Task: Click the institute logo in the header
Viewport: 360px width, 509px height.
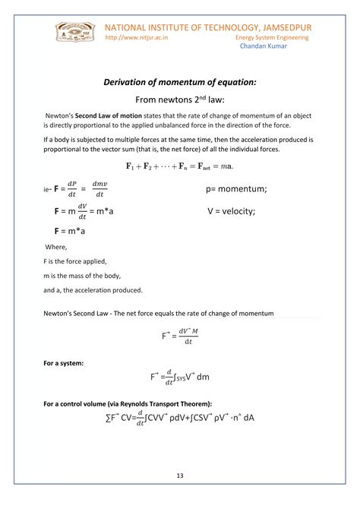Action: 74,33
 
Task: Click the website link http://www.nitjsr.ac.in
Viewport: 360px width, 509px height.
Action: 136,36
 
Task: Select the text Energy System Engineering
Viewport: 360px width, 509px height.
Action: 272,36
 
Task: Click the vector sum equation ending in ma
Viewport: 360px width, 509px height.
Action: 179,166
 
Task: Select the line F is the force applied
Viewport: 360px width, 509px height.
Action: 80,261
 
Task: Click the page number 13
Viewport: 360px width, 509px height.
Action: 180,476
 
